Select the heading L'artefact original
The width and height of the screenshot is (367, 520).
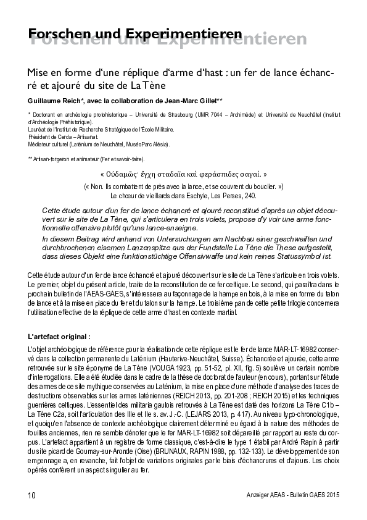point(59,337)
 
